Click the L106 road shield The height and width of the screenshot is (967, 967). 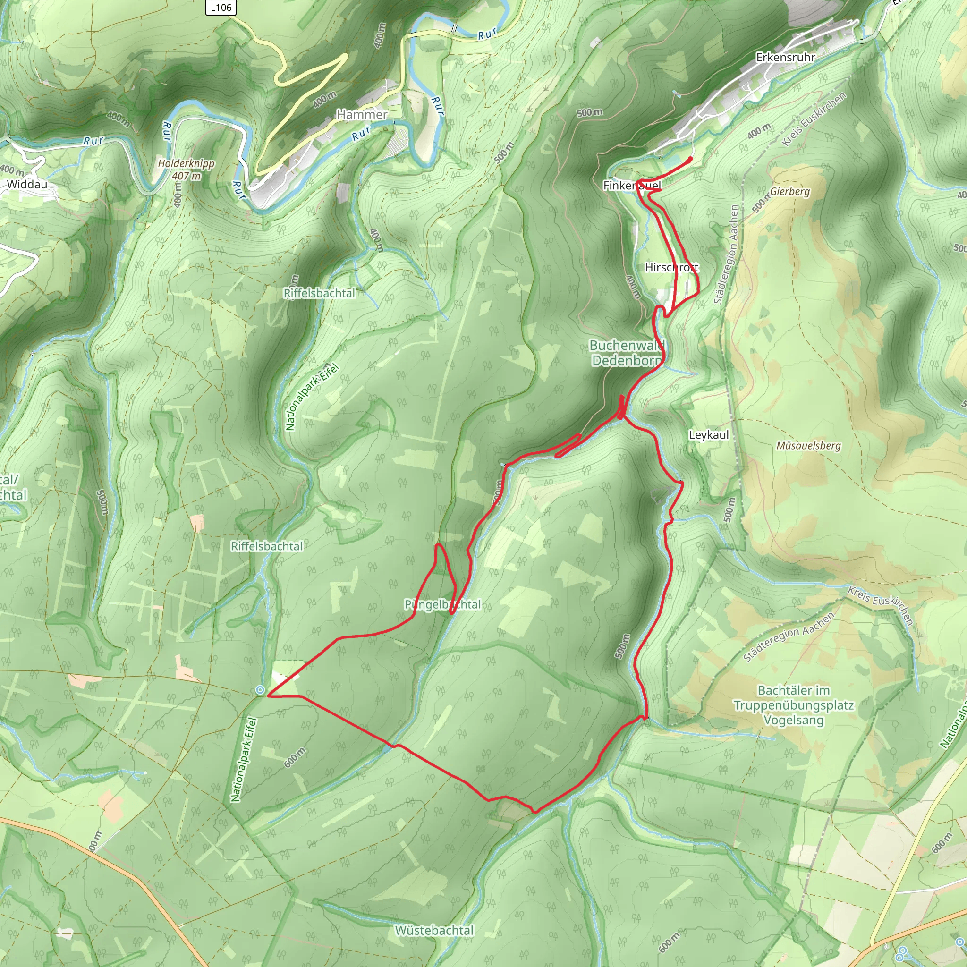coord(221,7)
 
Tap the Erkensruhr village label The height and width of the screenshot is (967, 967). coord(785,58)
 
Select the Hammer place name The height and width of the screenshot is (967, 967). coord(362,115)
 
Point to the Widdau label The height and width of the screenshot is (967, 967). coord(27,184)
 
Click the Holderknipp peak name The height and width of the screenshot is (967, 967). coord(186,164)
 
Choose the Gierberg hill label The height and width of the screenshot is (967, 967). coord(790,192)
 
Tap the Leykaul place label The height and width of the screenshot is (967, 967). coord(709,435)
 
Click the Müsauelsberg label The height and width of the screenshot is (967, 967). coord(808,445)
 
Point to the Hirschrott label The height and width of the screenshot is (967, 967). coord(672,267)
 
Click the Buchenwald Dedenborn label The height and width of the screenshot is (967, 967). coord(627,353)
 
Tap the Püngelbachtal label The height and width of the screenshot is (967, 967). coord(442,605)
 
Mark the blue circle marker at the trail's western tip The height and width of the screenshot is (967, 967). coord(260,690)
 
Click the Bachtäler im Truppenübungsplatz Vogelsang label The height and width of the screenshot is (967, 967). coord(794,705)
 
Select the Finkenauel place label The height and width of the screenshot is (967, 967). coord(632,186)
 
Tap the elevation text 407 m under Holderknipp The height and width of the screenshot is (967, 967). coord(186,176)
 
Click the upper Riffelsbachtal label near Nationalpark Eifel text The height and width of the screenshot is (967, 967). coord(319,293)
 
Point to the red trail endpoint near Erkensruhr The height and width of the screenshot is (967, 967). coord(691,159)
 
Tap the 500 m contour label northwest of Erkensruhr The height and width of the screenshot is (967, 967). coord(589,113)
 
